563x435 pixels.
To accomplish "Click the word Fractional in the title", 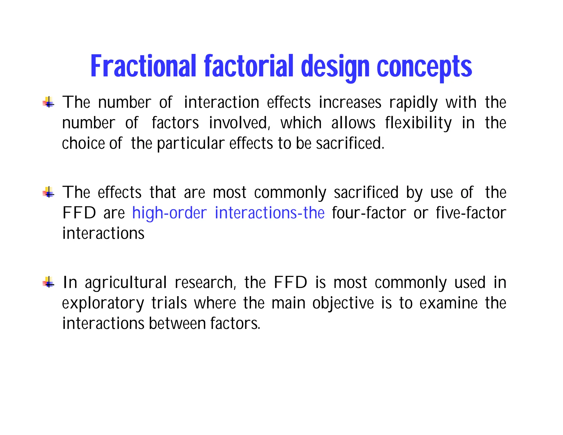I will point(143,66).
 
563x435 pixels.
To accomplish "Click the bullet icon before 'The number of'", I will point(49,103).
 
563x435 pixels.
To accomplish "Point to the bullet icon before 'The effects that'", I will point(49,192).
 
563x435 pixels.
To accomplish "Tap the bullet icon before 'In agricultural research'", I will point(49,282).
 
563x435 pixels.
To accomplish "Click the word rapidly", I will point(413,103).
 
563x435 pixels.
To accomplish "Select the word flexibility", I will point(418,123).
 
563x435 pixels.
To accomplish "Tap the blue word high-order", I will point(169,213).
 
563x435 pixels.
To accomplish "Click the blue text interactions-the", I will point(269,213).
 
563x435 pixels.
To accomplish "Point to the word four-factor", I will point(369,213).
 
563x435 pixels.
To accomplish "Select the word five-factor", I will point(471,213).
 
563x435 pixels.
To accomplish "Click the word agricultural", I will point(126,283).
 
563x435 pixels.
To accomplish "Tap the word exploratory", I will point(103,303).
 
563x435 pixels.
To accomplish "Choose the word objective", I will point(343,303).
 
